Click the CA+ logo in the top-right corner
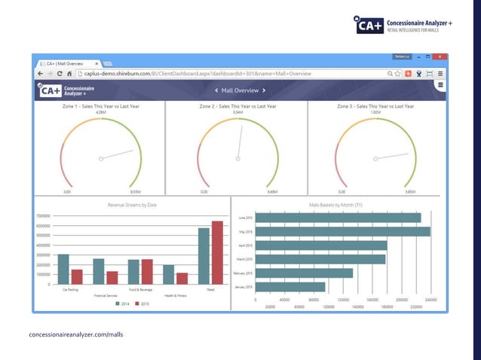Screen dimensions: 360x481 (x=370, y=25)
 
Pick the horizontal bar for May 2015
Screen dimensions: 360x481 (x=342, y=231)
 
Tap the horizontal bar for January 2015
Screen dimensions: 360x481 (x=290, y=287)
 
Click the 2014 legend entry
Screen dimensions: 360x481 (x=121, y=304)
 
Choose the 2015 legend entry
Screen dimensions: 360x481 (x=142, y=304)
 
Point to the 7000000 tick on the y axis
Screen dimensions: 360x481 (x=43, y=215)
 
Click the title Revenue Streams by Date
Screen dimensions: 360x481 (x=132, y=204)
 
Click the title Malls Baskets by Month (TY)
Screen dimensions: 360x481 (x=335, y=204)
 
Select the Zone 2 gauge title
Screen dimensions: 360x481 (x=237, y=106)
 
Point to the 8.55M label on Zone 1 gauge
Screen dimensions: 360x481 (x=136, y=192)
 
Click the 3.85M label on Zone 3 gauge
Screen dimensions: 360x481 (x=410, y=192)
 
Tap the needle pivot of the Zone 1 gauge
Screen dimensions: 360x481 (x=100, y=158)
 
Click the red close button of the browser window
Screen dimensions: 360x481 (x=441, y=56)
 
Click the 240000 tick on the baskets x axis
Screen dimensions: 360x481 (x=430, y=300)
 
